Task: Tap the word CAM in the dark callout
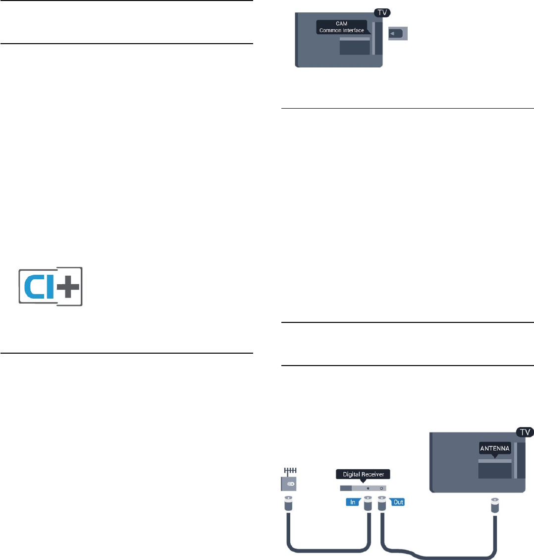(342, 24)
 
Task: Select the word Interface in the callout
(352, 30)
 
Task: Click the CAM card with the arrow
(398, 34)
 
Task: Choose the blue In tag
(353, 502)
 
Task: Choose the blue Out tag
(398, 502)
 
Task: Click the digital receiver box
(363, 489)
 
